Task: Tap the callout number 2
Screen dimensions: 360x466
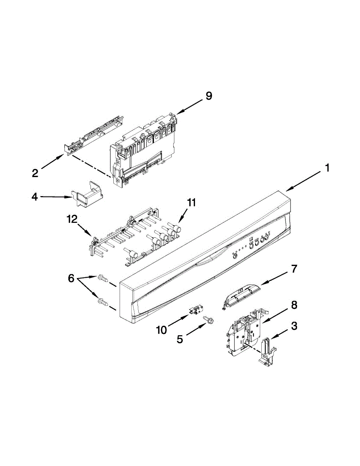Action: click(35, 173)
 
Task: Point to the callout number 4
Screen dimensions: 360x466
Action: click(35, 197)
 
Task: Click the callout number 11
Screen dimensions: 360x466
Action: click(191, 202)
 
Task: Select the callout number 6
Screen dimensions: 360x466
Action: click(71, 278)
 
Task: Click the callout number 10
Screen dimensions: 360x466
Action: click(162, 330)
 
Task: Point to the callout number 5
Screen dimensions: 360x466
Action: click(180, 339)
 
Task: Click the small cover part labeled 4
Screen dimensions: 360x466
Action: click(87, 194)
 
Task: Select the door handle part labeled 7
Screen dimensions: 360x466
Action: click(240, 297)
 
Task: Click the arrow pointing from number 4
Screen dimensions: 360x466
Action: click(55, 197)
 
